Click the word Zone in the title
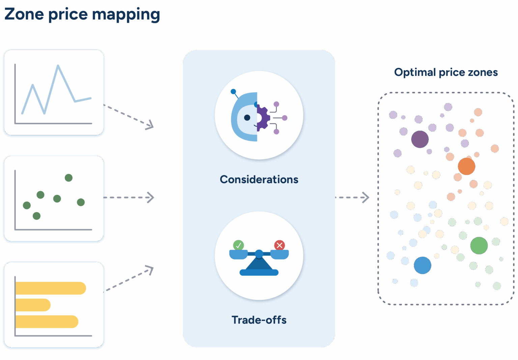point(24,14)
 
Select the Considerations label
point(259,179)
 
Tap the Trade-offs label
point(259,320)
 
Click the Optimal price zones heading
point(446,72)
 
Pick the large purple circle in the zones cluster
point(420,139)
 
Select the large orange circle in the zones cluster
point(466,166)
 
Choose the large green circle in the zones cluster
point(479,245)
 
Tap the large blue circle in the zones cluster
point(422,265)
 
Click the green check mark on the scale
point(238,245)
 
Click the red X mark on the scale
point(280,245)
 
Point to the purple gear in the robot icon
point(263,118)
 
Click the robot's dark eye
point(247,117)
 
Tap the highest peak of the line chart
point(58,66)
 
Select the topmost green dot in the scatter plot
point(68,177)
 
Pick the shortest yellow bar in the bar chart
point(33,305)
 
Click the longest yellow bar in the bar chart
point(51,288)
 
